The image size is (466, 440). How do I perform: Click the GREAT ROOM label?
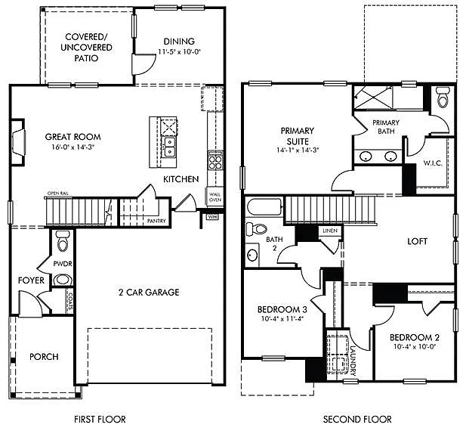tap(73, 137)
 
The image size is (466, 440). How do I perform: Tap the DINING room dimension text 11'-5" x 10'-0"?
tap(177, 51)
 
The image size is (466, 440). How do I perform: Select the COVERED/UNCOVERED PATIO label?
tap(89, 47)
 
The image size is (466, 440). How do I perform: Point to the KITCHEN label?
tap(181, 179)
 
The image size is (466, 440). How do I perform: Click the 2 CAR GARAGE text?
tap(148, 293)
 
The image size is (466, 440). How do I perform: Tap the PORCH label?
tap(44, 357)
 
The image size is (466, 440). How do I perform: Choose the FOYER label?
tap(32, 280)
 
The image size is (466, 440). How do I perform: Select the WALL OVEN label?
tap(215, 197)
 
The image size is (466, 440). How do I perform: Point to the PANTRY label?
tap(157, 221)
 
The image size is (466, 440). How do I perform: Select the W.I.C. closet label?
tap(433, 162)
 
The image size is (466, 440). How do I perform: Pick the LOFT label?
tap(417, 242)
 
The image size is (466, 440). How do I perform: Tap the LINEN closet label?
tap(329, 231)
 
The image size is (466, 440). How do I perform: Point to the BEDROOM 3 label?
tap(282, 311)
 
